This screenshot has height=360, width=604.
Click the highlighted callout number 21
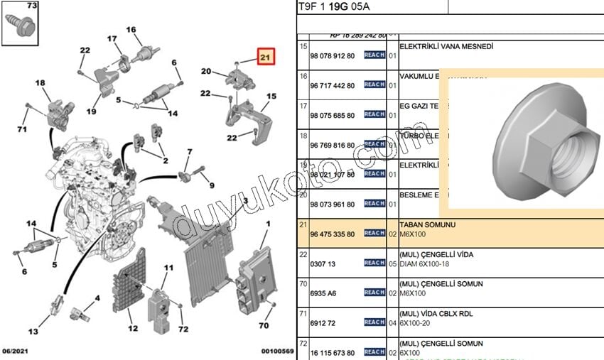coord(265,57)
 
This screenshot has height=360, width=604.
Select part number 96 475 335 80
coord(333,233)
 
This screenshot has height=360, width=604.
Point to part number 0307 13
coord(323,263)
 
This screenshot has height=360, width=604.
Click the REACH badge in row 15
coord(374,55)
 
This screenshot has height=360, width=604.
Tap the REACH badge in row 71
coord(374,322)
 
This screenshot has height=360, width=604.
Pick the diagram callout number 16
coord(131,30)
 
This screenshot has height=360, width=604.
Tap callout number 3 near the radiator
coord(244,202)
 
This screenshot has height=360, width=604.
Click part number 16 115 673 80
coord(333,352)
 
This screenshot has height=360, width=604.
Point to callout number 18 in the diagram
coord(40,83)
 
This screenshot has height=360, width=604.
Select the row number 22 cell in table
coord(304,254)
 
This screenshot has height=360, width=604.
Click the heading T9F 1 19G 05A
coord(334,6)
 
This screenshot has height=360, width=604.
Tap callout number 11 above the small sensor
coord(168,268)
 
